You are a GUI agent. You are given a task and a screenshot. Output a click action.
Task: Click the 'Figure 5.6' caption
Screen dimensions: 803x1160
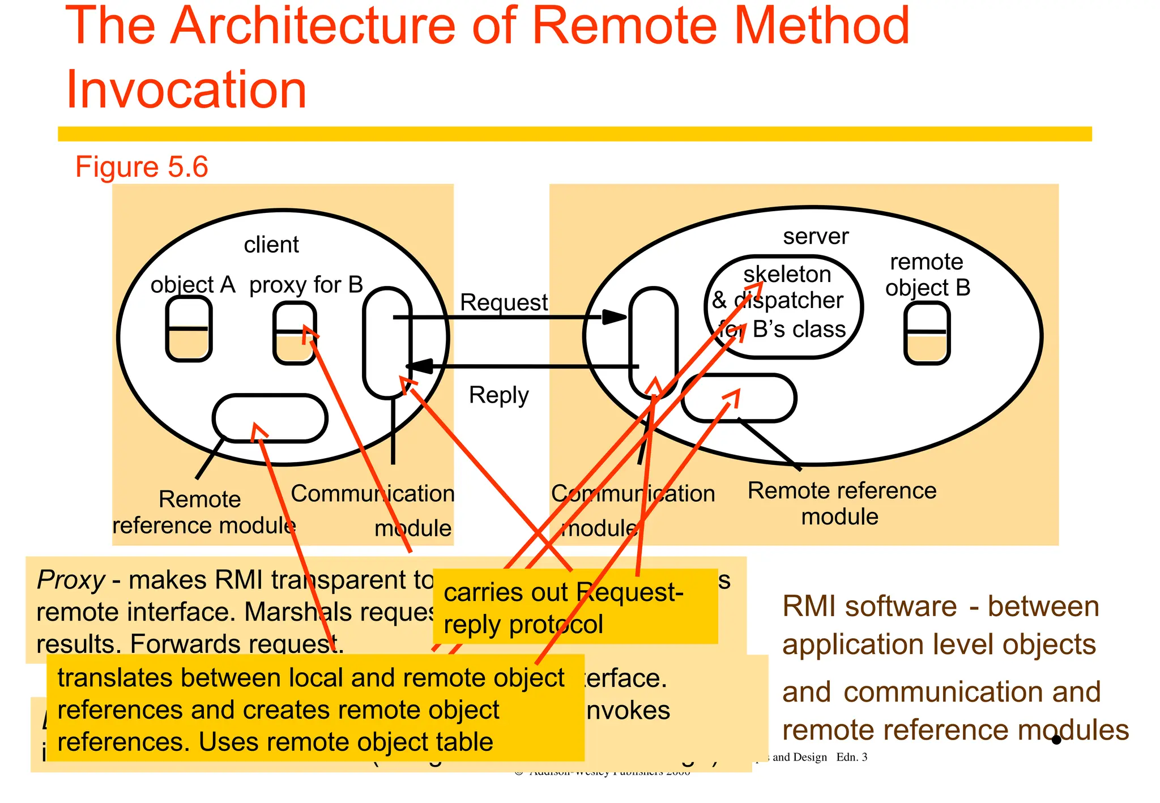142,167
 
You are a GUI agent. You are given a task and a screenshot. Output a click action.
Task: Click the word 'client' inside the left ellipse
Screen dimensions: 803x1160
271,245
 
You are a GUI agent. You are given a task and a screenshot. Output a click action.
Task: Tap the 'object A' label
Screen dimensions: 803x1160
193,284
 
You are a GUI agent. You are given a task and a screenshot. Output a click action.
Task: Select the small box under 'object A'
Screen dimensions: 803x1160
189,328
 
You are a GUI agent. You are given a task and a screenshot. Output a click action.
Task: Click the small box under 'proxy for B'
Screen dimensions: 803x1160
294,333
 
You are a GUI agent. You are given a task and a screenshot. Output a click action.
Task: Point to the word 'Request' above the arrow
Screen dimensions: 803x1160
504,302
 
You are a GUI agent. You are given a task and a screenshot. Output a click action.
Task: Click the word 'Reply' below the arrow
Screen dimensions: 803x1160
498,395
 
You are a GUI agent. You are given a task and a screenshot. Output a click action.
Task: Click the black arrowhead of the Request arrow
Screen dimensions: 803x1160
614,317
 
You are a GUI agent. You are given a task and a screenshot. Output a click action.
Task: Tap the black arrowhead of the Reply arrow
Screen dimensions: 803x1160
419,366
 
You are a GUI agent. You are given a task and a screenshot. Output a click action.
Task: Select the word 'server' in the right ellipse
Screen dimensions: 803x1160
816,236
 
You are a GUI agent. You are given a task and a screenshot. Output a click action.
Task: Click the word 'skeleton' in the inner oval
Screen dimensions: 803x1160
787,275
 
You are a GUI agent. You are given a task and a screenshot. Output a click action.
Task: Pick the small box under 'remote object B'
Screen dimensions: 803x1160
927,333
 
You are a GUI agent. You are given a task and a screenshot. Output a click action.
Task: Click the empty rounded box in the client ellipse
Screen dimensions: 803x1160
270,418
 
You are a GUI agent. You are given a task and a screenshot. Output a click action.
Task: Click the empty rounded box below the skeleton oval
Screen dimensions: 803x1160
739,398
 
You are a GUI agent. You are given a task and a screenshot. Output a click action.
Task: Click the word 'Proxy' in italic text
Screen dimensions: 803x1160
71,580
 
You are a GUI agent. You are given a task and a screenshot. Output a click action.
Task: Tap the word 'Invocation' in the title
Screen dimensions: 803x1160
186,89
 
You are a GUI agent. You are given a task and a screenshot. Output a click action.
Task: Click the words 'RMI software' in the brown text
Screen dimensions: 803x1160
869,606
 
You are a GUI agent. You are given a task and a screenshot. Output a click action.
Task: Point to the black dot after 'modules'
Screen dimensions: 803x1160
1056,740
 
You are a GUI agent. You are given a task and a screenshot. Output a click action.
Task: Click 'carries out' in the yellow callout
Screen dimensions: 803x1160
505,593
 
